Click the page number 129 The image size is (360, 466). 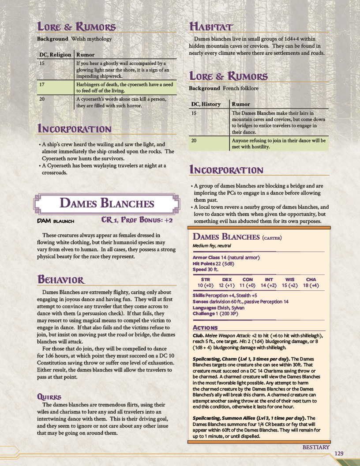339,454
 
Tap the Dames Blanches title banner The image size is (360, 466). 107,203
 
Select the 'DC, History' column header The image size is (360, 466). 206,104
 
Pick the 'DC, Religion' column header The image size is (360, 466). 54,55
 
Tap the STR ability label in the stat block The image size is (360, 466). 205,279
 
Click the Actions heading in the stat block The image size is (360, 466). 205,327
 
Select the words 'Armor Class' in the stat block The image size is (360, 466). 206,257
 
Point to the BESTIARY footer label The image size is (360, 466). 316,447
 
